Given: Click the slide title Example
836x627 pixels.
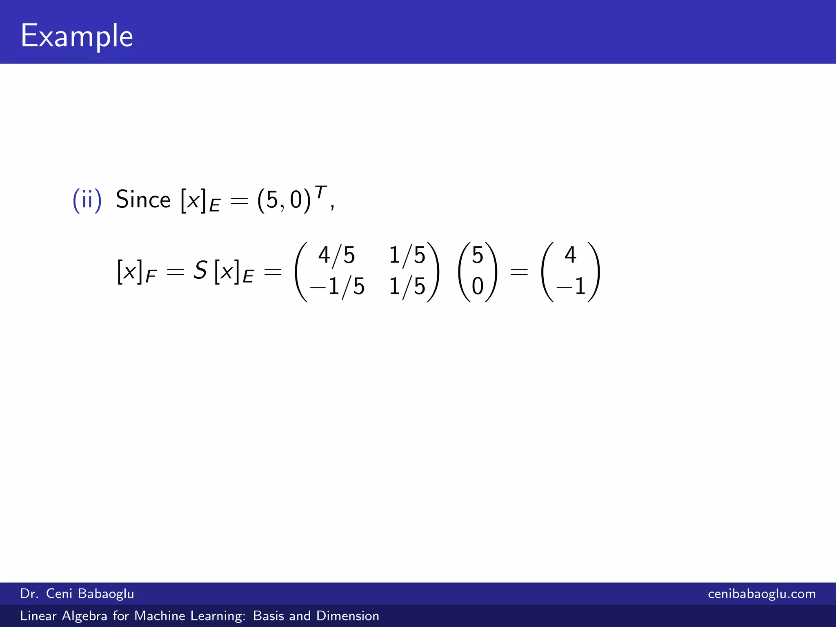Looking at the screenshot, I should pyautogui.click(x=77, y=36).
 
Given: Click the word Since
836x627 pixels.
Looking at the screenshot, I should pyautogui.click(x=143, y=200).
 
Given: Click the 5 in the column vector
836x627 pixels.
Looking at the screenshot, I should pyautogui.click(x=477, y=255).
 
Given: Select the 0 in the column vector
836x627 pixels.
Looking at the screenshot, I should pyautogui.click(x=477, y=286).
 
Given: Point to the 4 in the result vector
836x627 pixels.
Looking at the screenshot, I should pyautogui.click(x=570, y=255).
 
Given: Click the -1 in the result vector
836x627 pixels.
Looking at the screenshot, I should pyautogui.click(x=571, y=286).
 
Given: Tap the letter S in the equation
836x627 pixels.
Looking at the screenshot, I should pyautogui.click(x=200, y=270).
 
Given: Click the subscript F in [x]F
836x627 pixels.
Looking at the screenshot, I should pyautogui.click(x=151, y=277).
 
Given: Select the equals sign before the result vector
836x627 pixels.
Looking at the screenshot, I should pyautogui.click(x=519, y=271).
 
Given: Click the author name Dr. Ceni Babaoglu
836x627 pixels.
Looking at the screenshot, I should pyautogui.click(x=77, y=594).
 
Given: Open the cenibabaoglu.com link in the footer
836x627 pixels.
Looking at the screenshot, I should pyautogui.click(x=762, y=594).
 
